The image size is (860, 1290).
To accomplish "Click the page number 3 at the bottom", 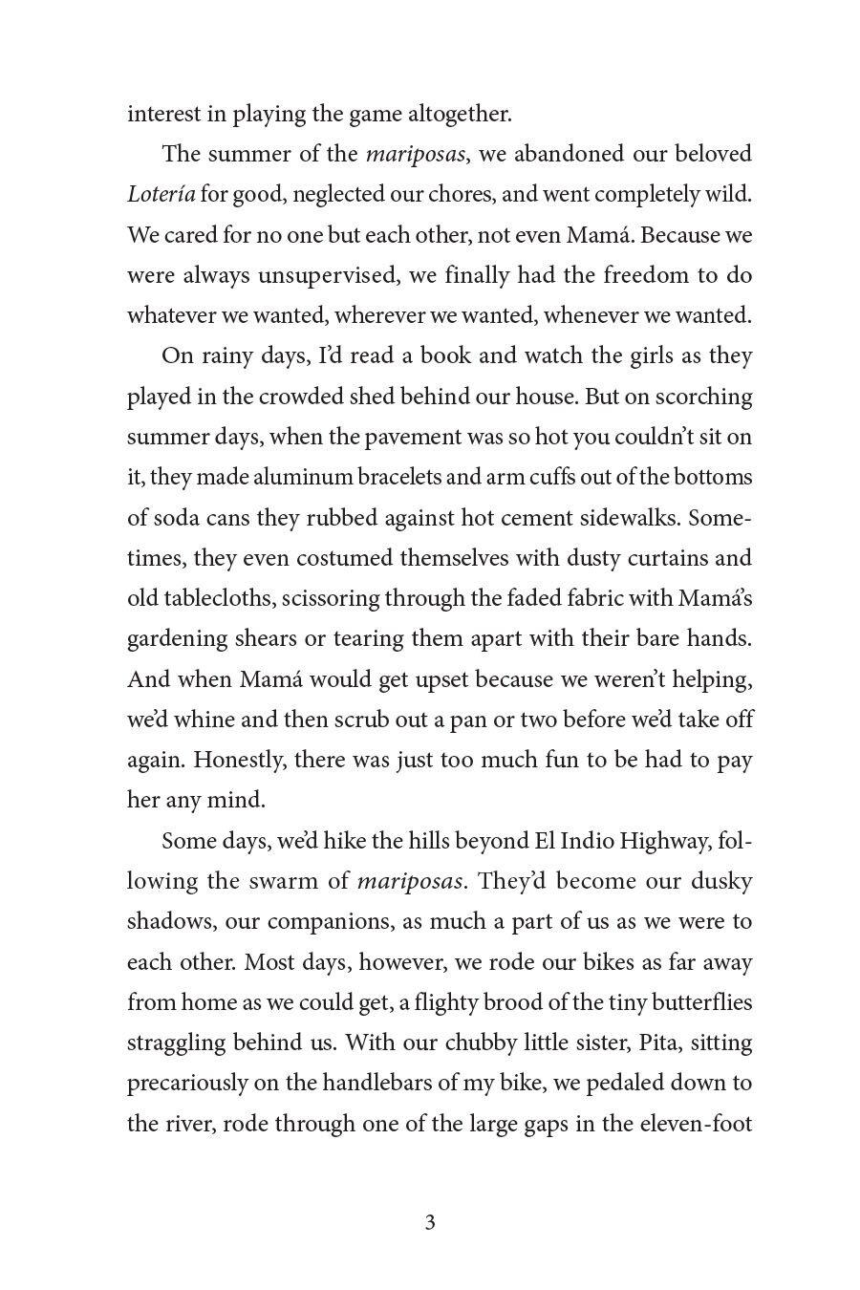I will (430, 1222).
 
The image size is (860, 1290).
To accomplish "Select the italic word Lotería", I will (161, 195).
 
